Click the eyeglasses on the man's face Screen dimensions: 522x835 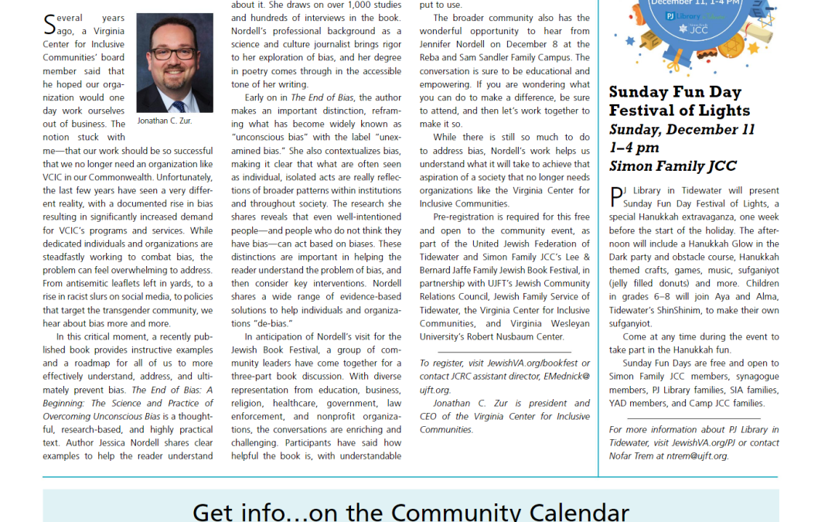(x=174, y=53)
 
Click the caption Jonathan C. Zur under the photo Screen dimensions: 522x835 (x=165, y=121)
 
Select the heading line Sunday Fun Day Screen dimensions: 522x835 (x=669, y=92)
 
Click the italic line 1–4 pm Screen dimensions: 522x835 (x=635, y=148)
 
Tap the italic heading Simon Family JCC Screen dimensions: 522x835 (x=673, y=166)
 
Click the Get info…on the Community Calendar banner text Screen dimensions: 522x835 (x=411, y=510)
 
